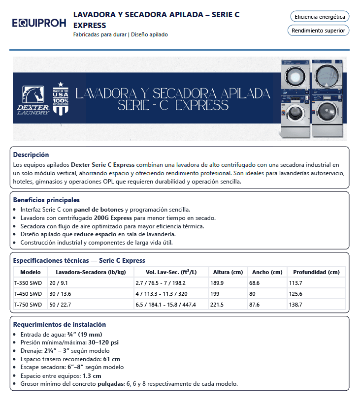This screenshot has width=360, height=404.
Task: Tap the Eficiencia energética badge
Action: coord(320,17)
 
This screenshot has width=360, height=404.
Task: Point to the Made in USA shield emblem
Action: coord(61,99)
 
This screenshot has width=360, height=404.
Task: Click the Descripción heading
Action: coord(31,155)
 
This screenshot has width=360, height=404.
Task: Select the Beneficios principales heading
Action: coord(46,200)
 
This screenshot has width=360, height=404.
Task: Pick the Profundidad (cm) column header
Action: coord(316,272)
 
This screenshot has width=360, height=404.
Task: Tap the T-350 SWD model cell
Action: coord(28,283)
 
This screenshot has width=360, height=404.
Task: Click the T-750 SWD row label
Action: coord(28,305)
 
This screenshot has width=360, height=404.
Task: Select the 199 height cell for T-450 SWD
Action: coord(215,294)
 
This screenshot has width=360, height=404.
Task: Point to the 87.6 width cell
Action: coord(255,305)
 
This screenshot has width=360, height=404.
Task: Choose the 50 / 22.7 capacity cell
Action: coord(60,305)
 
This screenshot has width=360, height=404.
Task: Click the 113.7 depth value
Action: coord(296,283)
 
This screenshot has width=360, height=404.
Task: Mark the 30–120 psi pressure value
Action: coord(102,342)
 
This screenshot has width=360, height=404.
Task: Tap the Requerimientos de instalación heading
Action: coord(60,324)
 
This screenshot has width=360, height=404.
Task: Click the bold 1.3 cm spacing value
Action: coord(92,375)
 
